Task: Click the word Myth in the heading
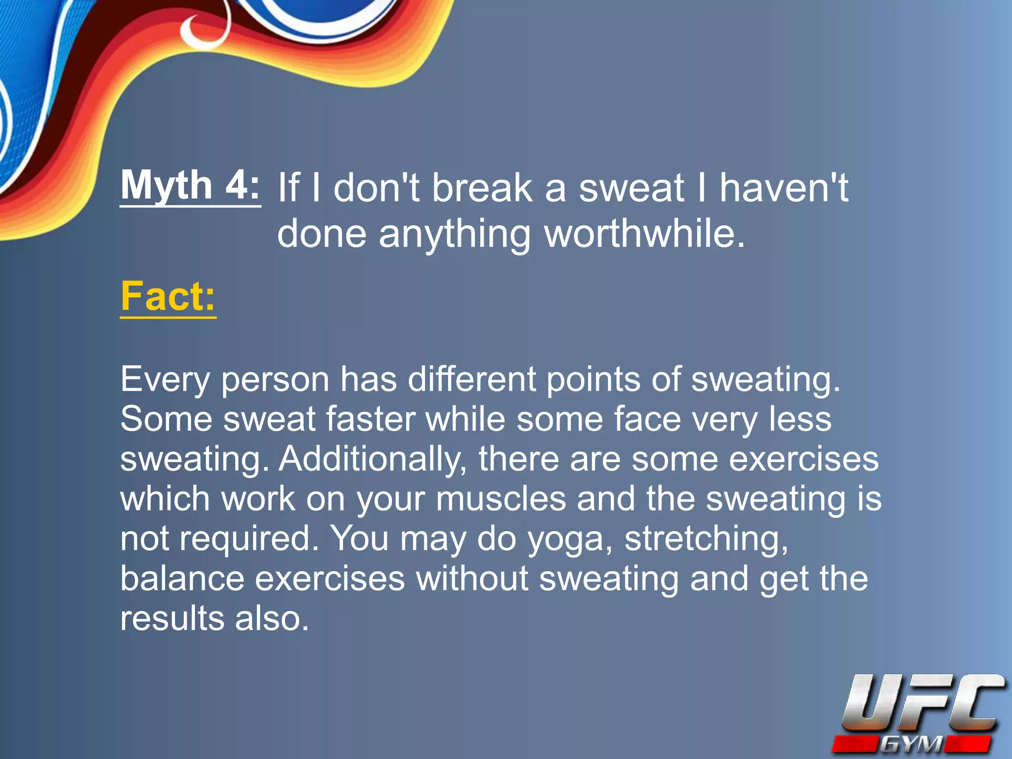167,185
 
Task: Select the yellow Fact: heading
168,296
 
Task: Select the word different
472,379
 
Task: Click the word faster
370,419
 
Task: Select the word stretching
706,539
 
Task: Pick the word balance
182,579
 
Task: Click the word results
172,618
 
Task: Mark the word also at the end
272,618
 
